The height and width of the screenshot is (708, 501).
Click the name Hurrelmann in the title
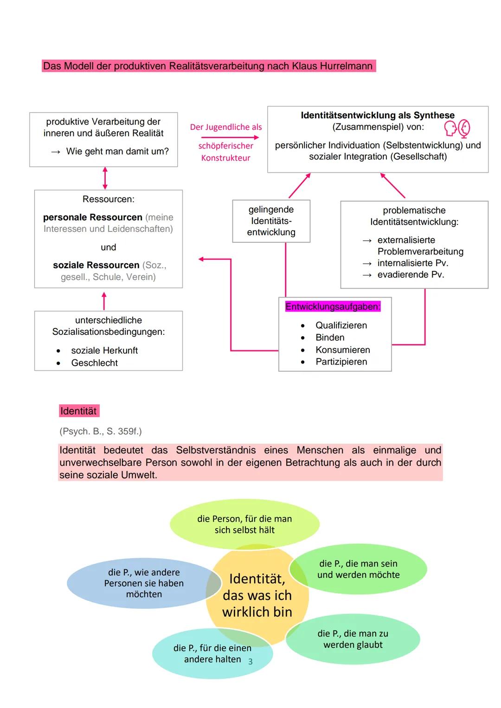[x=345, y=66]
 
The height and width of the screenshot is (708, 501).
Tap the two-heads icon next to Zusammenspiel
[x=457, y=128]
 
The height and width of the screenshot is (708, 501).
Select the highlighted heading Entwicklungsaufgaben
[x=333, y=306]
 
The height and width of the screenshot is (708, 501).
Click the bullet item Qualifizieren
[x=341, y=325]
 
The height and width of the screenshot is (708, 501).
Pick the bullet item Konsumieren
[x=343, y=350]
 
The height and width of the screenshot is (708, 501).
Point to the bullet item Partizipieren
[x=341, y=362]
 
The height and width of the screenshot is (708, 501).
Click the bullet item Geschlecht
[x=94, y=363]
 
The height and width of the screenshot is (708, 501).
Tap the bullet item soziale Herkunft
[x=104, y=351]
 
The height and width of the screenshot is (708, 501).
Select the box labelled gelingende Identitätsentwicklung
[x=271, y=221]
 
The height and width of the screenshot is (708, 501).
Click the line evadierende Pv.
[x=411, y=274]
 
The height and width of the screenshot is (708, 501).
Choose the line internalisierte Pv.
[x=412, y=263]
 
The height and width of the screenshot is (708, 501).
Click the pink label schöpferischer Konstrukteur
[x=226, y=152]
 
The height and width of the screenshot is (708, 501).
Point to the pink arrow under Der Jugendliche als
[x=230, y=137]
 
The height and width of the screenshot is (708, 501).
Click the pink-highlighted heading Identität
[x=78, y=411]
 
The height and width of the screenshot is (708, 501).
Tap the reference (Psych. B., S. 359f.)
[x=101, y=431]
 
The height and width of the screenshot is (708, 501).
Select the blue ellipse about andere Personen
[x=144, y=583]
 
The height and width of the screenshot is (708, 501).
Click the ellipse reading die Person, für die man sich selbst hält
[x=244, y=524]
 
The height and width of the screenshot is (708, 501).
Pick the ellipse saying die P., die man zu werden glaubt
[x=353, y=639]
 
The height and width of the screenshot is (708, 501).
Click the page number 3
[x=250, y=662]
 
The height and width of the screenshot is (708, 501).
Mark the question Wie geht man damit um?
[x=117, y=151]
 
